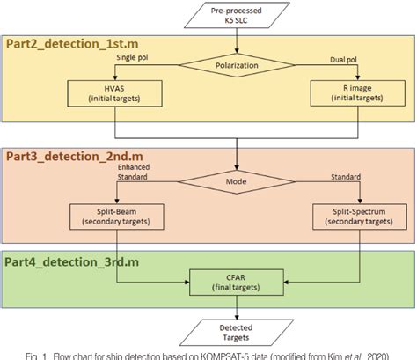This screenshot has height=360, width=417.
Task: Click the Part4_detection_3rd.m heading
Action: [66, 261]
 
